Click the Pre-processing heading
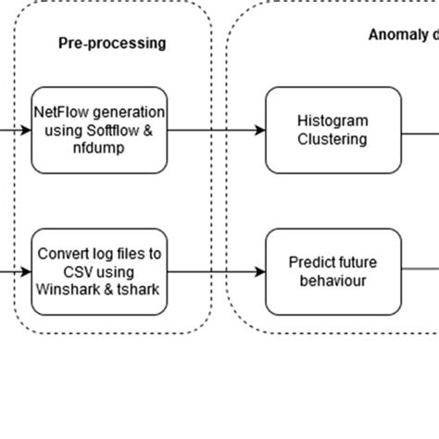[112, 43]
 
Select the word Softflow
[119, 130]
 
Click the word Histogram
[332, 121]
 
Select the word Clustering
[332, 139]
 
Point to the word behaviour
[332, 281]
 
